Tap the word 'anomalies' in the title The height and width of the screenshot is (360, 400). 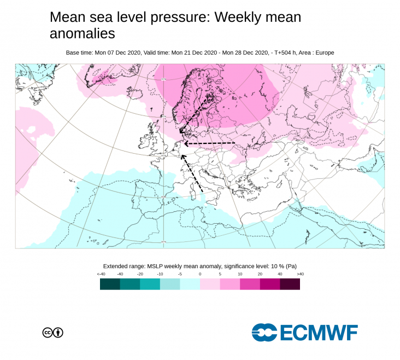pyautogui.click(x=82, y=33)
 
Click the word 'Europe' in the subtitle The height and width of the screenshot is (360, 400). pyautogui.click(x=323, y=53)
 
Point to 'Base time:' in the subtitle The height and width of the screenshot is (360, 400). pyautogui.click(x=80, y=53)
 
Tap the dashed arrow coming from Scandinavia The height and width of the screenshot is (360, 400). pyautogui.click(x=195, y=114)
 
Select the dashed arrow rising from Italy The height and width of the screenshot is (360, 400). pyautogui.click(x=192, y=173)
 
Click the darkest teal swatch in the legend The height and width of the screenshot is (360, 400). pyautogui.click(x=110, y=284)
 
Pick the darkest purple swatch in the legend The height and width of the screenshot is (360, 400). pyautogui.click(x=290, y=284)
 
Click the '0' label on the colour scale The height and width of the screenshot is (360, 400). pyautogui.click(x=200, y=274)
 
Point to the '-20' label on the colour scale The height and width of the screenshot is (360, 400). pyautogui.click(x=140, y=274)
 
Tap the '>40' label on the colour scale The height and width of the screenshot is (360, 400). pyautogui.click(x=299, y=274)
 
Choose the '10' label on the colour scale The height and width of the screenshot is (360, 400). pyautogui.click(x=240, y=274)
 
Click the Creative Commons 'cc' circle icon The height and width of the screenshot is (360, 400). pyautogui.click(x=48, y=332)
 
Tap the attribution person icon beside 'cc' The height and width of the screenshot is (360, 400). pyautogui.click(x=58, y=332)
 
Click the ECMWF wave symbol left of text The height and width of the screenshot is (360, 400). pyautogui.click(x=264, y=332)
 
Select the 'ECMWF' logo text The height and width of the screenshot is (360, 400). pyautogui.click(x=319, y=332)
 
